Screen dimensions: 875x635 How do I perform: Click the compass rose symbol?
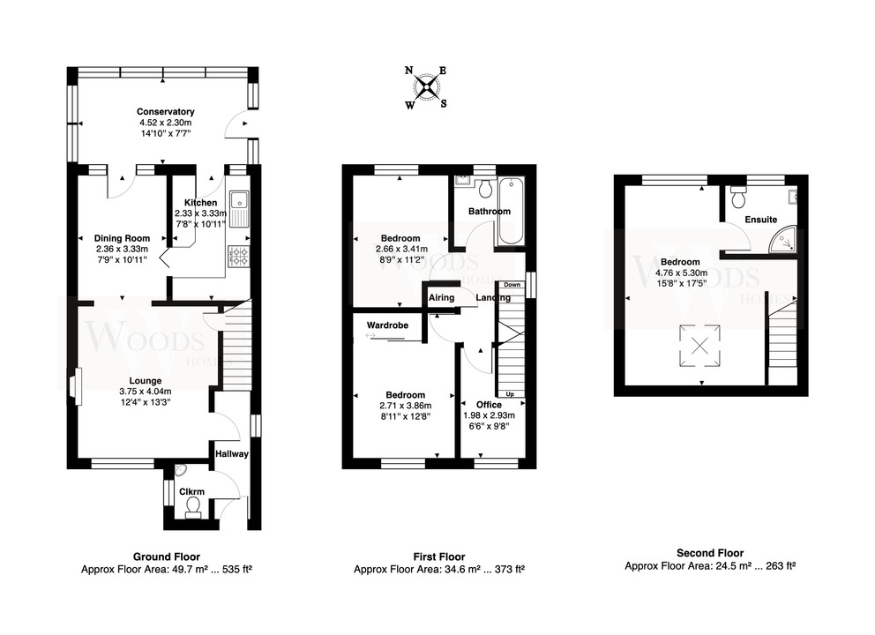click(x=427, y=87)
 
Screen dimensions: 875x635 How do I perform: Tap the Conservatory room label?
click(x=165, y=112)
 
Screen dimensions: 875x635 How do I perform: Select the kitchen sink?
click(x=238, y=209)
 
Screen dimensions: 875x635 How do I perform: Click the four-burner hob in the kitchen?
click(x=238, y=256)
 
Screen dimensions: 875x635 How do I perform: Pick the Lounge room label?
click(x=146, y=381)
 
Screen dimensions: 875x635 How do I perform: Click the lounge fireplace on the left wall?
click(x=76, y=386)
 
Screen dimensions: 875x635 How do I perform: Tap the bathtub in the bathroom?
click(x=512, y=211)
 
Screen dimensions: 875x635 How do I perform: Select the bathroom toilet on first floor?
click(x=484, y=188)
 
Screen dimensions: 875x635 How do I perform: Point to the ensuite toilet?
click(x=738, y=196)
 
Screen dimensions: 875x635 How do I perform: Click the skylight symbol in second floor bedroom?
click(x=699, y=346)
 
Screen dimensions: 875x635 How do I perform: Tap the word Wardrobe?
click(x=387, y=325)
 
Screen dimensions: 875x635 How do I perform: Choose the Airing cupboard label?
click(x=441, y=297)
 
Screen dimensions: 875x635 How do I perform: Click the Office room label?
click(x=489, y=405)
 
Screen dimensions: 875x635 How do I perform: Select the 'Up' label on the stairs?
click(x=510, y=394)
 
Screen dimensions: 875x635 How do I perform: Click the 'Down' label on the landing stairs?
click(x=512, y=285)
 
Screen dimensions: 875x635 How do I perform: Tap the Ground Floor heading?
click(x=167, y=557)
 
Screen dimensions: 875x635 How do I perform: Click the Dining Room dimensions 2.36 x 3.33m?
click(x=122, y=249)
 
